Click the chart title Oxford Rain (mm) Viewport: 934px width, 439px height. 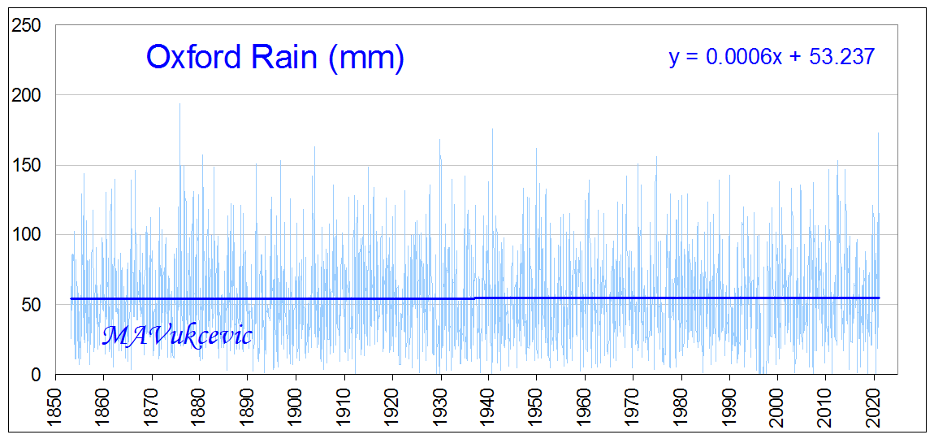coord(275,58)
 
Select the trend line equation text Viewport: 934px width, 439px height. coord(771,57)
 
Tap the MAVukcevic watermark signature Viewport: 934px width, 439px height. coord(177,335)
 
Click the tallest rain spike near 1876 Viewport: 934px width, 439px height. coord(180,104)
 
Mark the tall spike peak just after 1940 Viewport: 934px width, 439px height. coord(492,129)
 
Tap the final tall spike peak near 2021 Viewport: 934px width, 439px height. coord(878,133)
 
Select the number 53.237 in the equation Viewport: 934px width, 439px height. coord(841,57)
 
